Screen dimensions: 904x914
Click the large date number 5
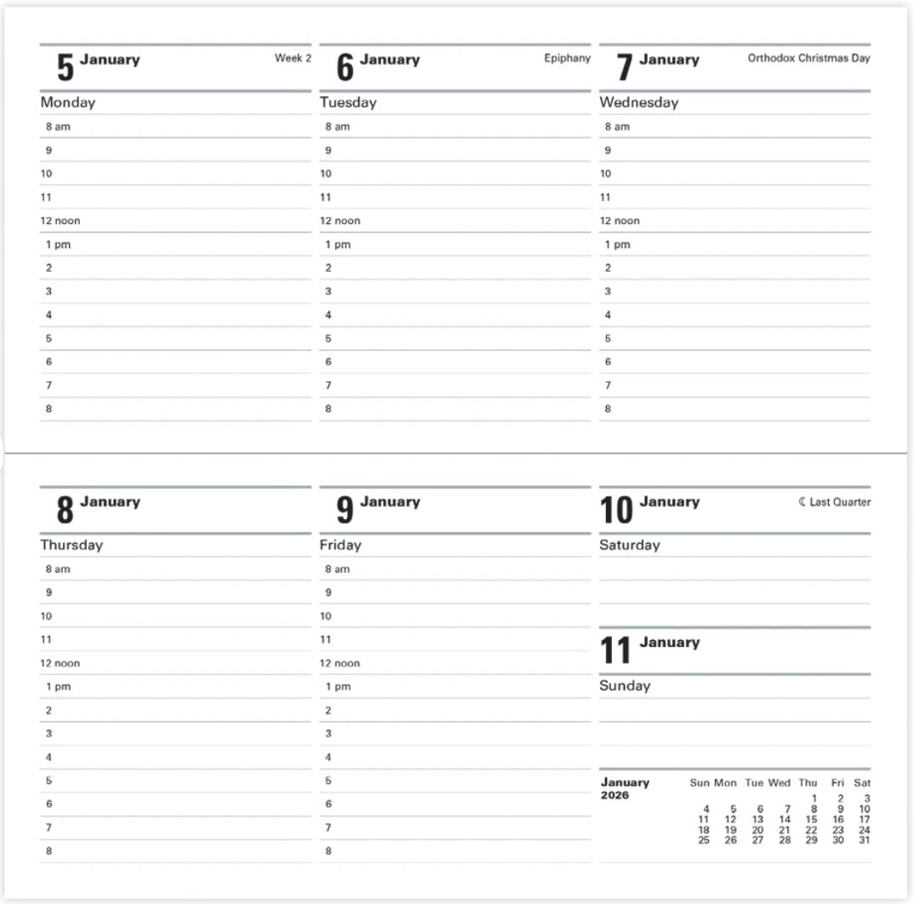point(65,67)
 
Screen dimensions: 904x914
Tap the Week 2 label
point(293,59)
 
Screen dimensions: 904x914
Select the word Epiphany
point(567,59)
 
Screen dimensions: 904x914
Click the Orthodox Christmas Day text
point(808,59)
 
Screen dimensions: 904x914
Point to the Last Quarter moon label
point(835,502)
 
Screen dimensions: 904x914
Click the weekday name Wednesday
point(638,102)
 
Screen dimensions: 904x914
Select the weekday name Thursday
point(71,545)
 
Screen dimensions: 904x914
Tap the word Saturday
point(630,545)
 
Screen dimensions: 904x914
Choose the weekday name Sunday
point(625,685)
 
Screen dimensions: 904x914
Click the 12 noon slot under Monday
point(60,220)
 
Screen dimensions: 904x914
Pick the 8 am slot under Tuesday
point(337,127)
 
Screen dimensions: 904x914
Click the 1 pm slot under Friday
point(337,686)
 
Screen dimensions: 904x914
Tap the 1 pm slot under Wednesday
point(617,244)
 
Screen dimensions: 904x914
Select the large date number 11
point(615,651)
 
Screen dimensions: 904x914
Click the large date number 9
point(345,510)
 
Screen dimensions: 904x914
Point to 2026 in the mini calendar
point(614,796)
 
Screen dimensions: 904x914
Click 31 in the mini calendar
point(865,840)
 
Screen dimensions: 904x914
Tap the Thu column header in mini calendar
point(808,783)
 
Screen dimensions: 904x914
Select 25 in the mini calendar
point(704,840)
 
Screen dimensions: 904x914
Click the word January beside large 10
point(669,501)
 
